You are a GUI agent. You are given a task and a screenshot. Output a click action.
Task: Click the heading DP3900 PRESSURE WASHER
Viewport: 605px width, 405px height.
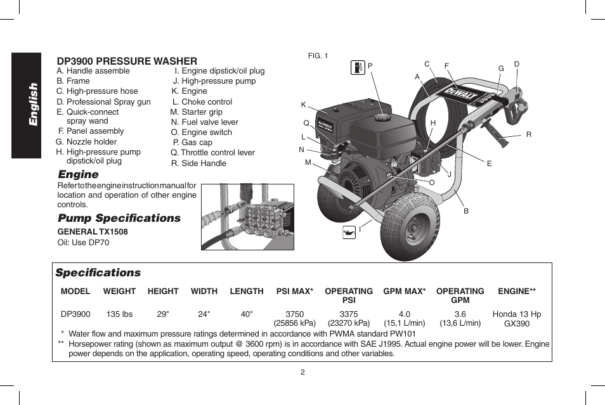click(x=127, y=61)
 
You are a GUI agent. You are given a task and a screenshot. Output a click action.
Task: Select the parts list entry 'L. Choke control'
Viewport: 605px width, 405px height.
click(x=202, y=101)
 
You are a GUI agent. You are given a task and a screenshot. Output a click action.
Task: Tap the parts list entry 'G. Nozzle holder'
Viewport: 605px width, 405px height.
click(x=86, y=142)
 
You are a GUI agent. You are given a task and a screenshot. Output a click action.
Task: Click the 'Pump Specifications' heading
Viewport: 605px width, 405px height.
click(x=119, y=218)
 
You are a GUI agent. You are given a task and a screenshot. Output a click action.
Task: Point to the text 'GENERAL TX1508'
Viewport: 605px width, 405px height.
click(x=93, y=232)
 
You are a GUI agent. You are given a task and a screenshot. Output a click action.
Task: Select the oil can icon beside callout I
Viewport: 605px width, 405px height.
click(x=349, y=232)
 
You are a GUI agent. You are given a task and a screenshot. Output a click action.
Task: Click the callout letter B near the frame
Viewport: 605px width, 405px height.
click(x=465, y=211)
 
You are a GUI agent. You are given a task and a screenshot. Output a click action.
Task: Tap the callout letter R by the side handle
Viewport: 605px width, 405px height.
click(x=528, y=134)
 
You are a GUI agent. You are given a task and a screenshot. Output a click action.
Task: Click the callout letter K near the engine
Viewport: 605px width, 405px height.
click(x=303, y=104)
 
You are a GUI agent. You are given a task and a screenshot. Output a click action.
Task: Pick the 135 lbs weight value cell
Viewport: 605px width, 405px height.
click(x=119, y=314)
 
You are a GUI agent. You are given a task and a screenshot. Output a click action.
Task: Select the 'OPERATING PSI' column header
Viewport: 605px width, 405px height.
click(x=348, y=295)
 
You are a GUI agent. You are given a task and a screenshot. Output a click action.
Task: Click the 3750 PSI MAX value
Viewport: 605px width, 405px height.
click(x=295, y=314)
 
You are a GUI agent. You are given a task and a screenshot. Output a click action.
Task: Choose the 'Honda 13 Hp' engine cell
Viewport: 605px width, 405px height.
click(x=516, y=314)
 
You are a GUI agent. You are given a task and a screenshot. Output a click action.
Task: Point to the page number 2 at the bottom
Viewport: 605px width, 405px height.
click(x=302, y=372)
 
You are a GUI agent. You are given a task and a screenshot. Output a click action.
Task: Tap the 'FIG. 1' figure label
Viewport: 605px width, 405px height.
click(x=318, y=56)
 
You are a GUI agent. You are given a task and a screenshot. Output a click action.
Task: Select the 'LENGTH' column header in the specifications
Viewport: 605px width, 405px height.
click(x=246, y=292)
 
